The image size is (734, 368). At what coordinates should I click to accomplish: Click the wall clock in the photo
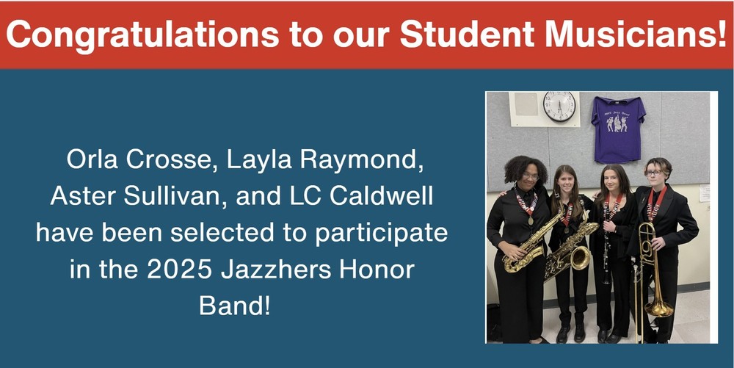point(559,107)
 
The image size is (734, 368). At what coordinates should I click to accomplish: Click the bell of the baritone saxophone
point(578,259)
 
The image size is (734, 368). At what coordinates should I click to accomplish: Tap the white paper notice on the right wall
point(704,192)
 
